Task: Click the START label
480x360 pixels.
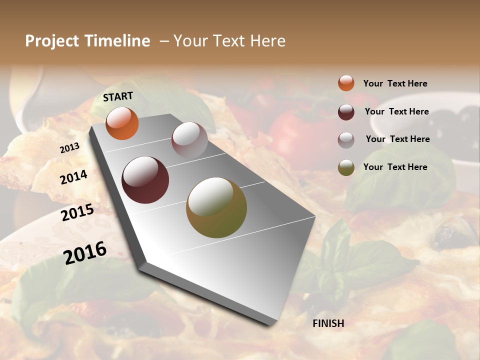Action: pyautogui.click(x=118, y=96)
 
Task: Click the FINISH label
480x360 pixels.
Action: pyautogui.click(x=328, y=323)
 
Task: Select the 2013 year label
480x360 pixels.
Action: pyautogui.click(x=69, y=148)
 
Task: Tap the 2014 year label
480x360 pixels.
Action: pyautogui.click(x=74, y=177)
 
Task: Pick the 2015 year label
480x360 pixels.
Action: pyautogui.click(x=77, y=212)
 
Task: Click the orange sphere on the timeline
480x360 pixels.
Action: pyautogui.click(x=122, y=123)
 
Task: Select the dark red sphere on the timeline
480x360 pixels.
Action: pyautogui.click(x=145, y=180)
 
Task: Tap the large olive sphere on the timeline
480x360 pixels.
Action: pyautogui.click(x=216, y=207)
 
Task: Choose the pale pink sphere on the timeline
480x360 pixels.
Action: pyautogui.click(x=189, y=139)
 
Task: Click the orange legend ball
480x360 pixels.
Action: pyautogui.click(x=346, y=83)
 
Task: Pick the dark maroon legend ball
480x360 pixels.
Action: pyautogui.click(x=346, y=111)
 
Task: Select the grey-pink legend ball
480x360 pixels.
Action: pyautogui.click(x=346, y=140)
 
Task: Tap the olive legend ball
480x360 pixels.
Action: pyautogui.click(x=346, y=167)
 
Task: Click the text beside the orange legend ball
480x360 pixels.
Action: pyautogui.click(x=395, y=83)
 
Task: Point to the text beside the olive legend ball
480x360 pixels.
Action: pyautogui.click(x=395, y=167)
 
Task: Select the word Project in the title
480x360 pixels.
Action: pyautogui.click(x=52, y=41)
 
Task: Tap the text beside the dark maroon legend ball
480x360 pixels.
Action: pyautogui.click(x=396, y=111)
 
